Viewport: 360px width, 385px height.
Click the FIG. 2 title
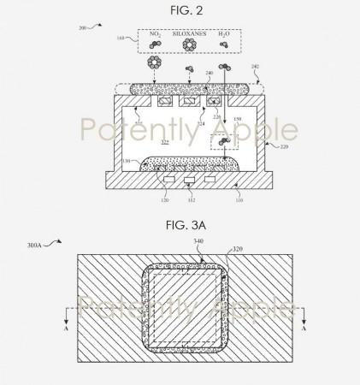180,11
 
